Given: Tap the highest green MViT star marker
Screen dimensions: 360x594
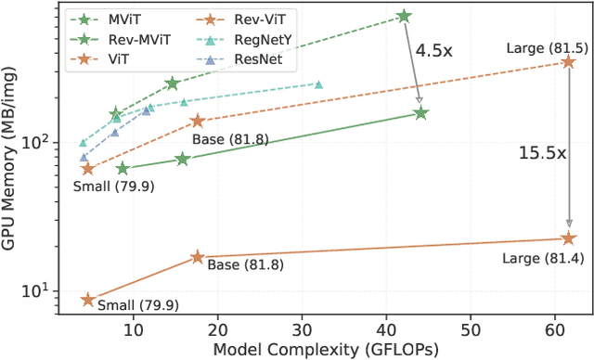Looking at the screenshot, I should click(x=403, y=16).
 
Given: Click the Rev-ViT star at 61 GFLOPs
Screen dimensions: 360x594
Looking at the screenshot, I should click(x=569, y=238).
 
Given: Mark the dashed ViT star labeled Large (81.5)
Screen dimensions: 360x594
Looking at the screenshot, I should click(x=569, y=61).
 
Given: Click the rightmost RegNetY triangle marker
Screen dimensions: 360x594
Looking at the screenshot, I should click(x=318, y=84).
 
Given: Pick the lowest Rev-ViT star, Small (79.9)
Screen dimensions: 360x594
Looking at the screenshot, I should click(x=88, y=300).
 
